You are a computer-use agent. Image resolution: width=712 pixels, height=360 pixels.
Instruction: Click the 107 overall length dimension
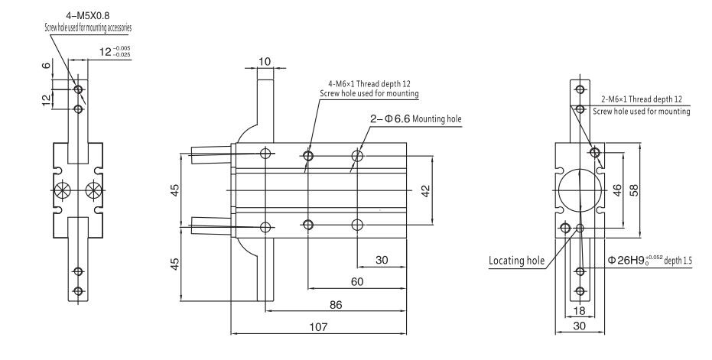tap(319, 326)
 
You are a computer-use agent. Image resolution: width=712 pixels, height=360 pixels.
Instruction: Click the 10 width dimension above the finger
tap(265, 61)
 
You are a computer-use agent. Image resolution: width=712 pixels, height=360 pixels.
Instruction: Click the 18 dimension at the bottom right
tap(580, 312)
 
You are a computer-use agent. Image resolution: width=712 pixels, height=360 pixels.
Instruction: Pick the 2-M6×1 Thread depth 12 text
tap(642, 101)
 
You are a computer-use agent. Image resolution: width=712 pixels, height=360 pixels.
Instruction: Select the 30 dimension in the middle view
tap(382, 260)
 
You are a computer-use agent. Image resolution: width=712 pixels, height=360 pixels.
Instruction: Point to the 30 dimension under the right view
tap(580, 326)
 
